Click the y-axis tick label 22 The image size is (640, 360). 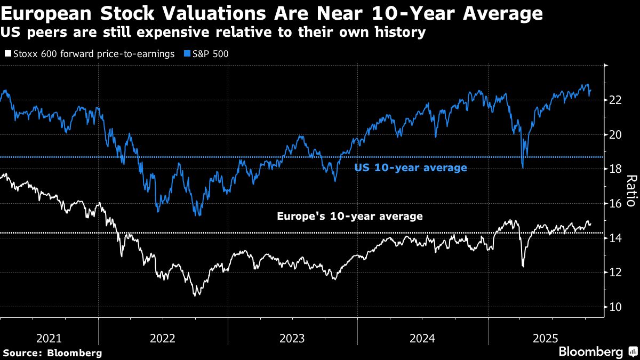(x=615, y=100)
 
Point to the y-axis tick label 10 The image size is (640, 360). (x=615, y=307)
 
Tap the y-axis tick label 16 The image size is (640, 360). (x=615, y=204)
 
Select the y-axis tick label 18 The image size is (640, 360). (x=615, y=169)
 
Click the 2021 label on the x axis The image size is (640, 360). (x=49, y=338)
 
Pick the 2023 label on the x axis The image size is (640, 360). (x=292, y=338)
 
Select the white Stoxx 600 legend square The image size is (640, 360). (x=7, y=54)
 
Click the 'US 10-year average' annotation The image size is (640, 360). (x=411, y=168)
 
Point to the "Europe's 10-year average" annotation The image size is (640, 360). (x=350, y=217)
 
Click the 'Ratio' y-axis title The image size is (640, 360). (x=630, y=190)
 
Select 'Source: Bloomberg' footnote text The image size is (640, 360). (x=52, y=353)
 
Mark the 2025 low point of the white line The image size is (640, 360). (x=523, y=266)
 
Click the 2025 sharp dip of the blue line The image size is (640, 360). (x=522, y=167)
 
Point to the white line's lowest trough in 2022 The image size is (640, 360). (x=195, y=295)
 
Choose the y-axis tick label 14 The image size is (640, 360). (x=615, y=238)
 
